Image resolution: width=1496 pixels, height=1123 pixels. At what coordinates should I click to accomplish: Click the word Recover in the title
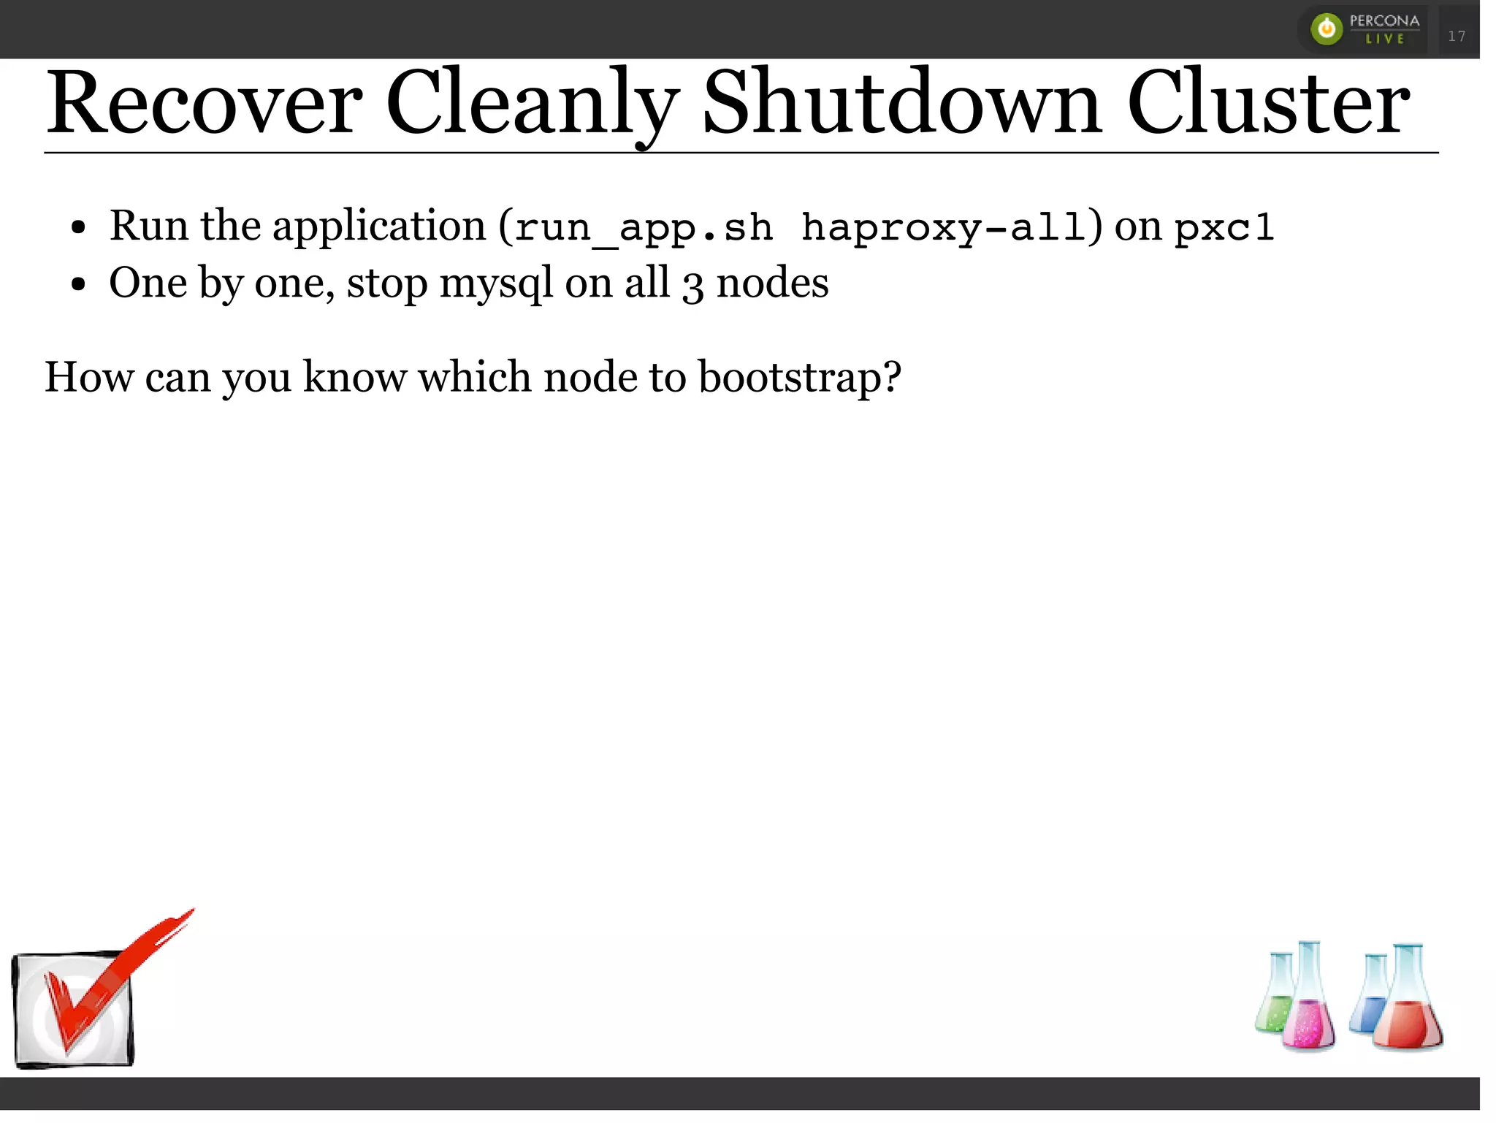(x=204, y=104)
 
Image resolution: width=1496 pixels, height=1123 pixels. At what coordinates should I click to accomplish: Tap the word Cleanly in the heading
(x=532, y=104)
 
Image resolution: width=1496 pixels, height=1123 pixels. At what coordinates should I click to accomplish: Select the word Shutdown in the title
(x=901, y=104)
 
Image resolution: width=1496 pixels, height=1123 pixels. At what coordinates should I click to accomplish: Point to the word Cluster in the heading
(x=1268, y=104)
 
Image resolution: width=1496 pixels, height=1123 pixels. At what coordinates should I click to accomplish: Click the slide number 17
(x=1457, y=36)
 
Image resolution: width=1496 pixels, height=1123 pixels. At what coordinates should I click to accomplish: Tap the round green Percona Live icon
(x=1327, y=29)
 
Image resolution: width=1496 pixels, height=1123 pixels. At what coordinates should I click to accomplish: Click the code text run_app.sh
(x=644, y=227)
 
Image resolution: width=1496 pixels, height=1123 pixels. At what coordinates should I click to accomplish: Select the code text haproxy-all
(x=942, y=227)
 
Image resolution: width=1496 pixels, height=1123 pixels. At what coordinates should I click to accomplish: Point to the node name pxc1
(x=1224, y=227)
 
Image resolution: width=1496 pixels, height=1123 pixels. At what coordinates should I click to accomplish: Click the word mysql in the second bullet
(x=496, y=284)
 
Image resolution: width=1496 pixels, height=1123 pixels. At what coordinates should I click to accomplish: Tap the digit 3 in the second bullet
(x=692, y=286)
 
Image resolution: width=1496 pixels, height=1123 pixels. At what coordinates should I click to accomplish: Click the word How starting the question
(x=88, y=378)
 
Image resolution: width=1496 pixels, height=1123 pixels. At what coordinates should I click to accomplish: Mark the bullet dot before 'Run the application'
(x=79, y=228)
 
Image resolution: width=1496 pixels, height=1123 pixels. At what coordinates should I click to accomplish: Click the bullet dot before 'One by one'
(x=79, y=285)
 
